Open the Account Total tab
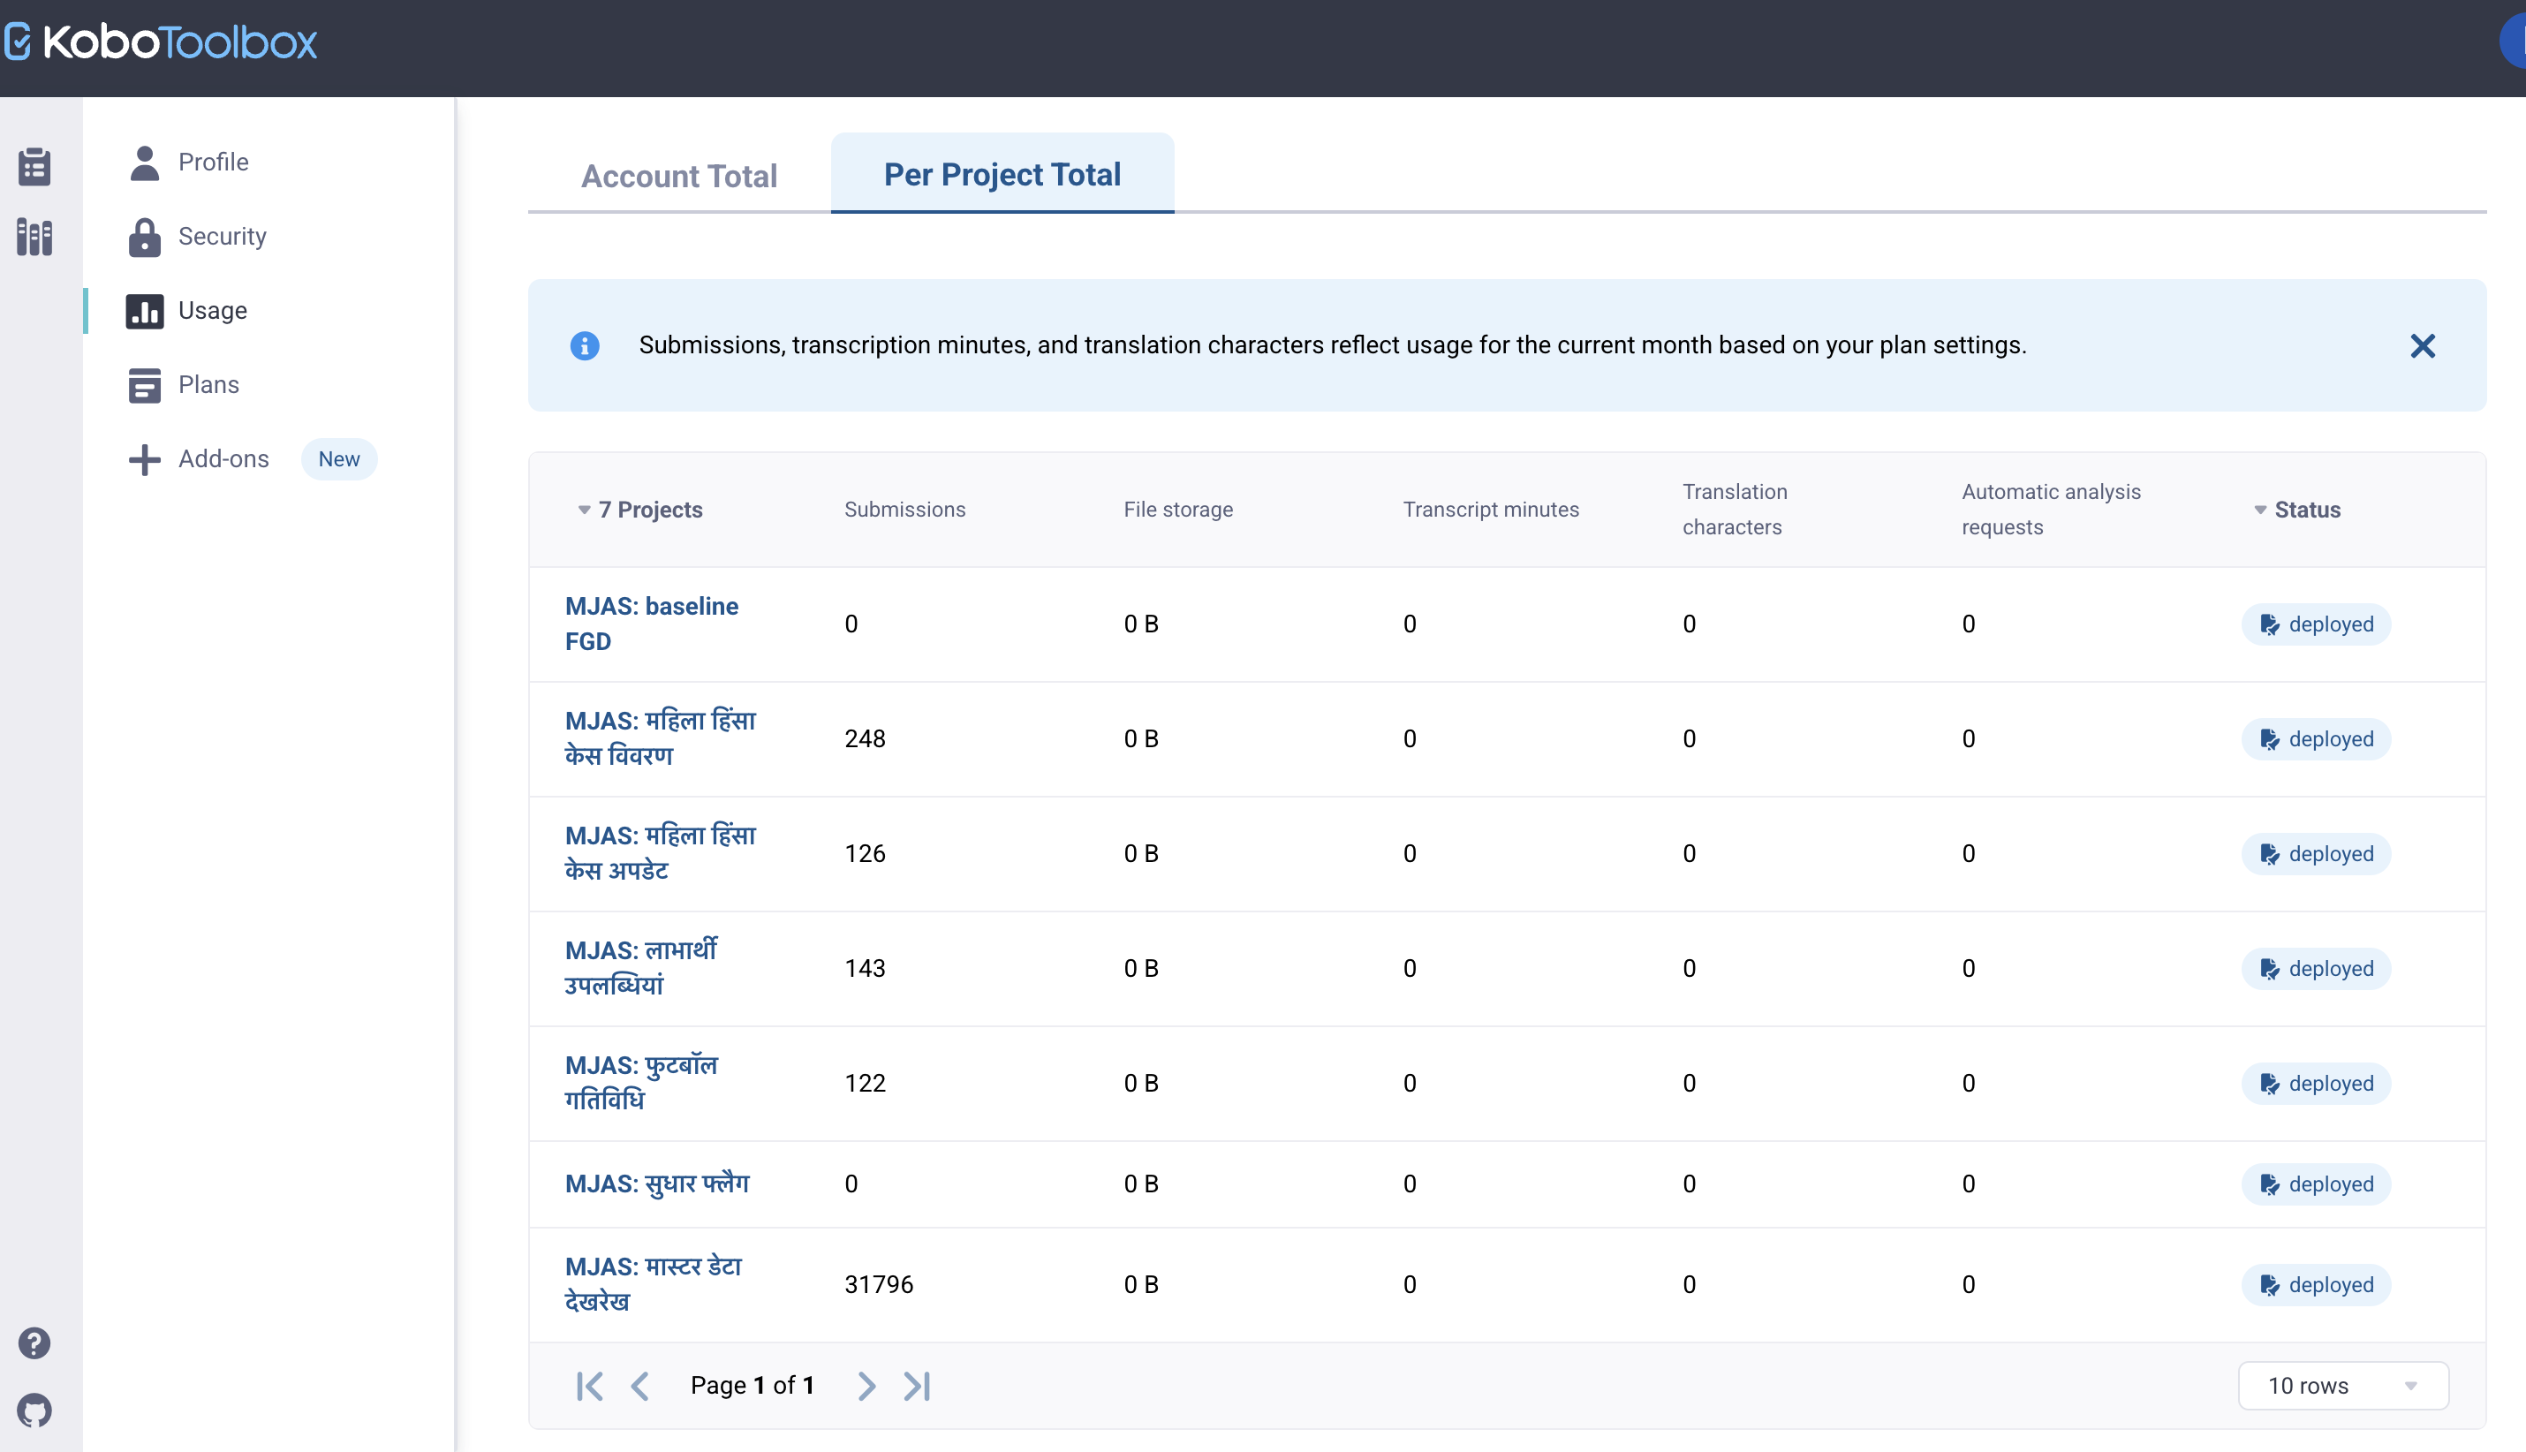point(679,176)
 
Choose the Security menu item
point(222,237)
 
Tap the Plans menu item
point(208,385)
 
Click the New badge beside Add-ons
point(339,458)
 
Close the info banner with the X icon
point(2423,346)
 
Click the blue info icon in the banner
point(585,346)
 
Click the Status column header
point(2307,510)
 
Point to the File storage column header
point(1177,510)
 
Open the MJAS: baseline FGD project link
point(651,624)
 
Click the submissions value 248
point(865,739)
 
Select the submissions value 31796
point(879,1284)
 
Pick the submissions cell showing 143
point(865,968)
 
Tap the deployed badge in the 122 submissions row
point(2316,1083)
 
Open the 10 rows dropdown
point(2342,1385)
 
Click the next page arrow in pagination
point(866,1385)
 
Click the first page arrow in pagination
point(589,1385)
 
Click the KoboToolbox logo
point(161,42)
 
